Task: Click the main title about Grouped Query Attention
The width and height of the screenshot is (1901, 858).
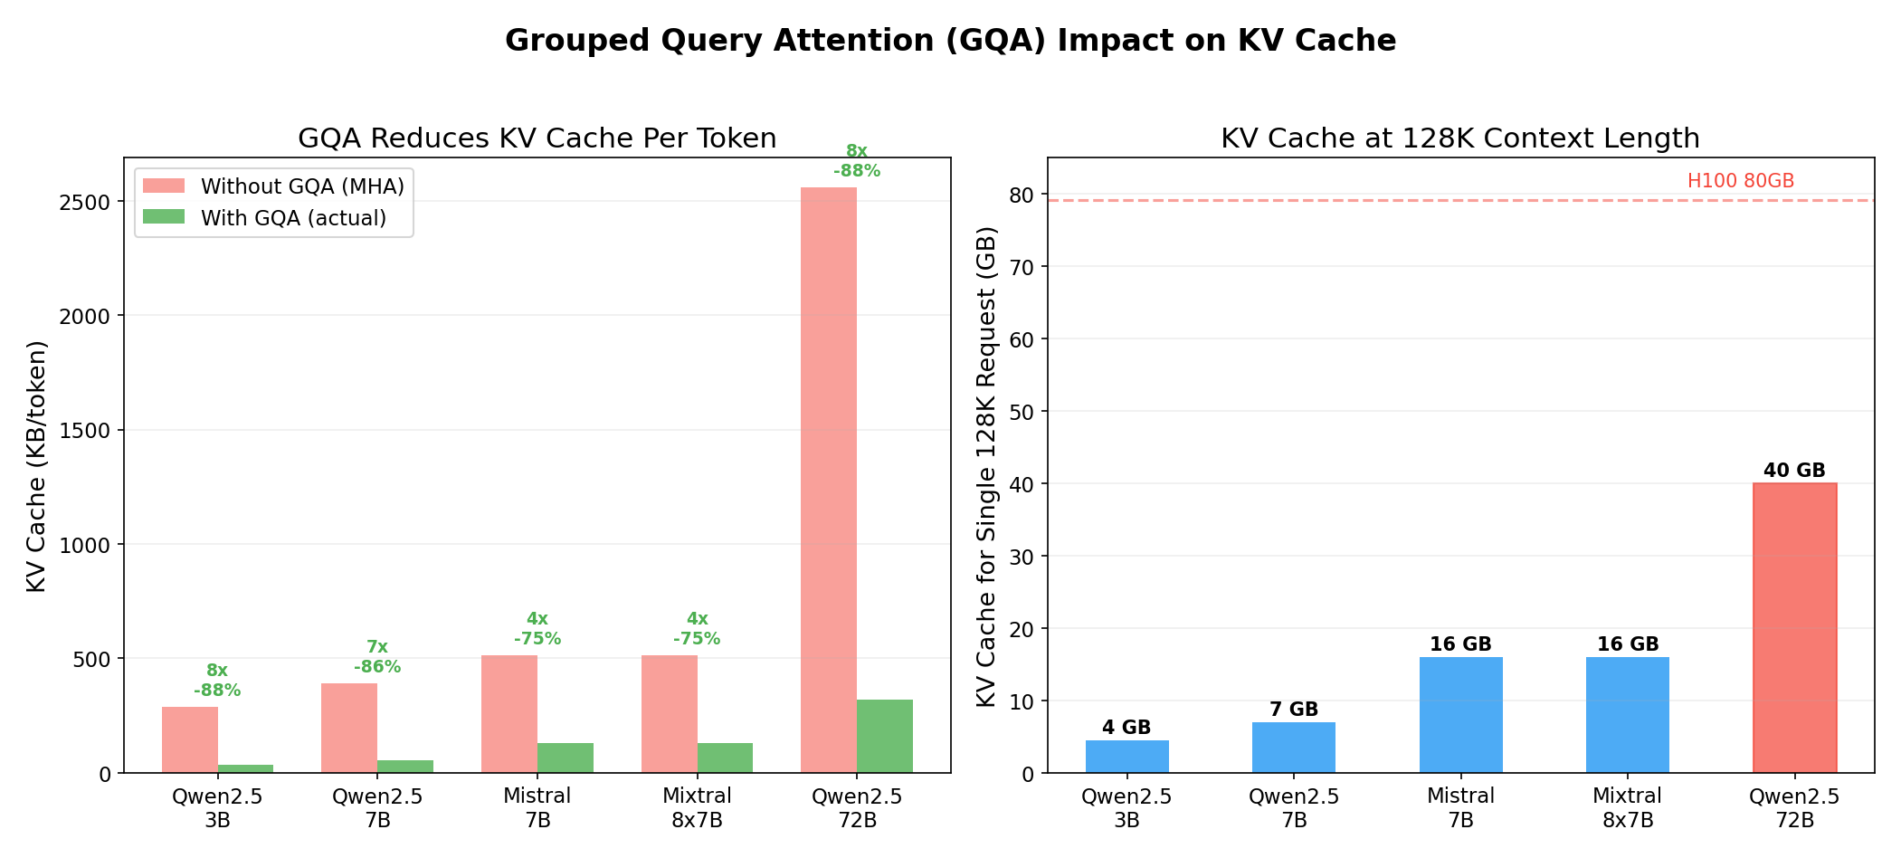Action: pyautogui.click(x=950, y=41)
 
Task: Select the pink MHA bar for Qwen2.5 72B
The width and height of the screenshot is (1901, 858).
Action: pyautogui.click(x=829, y=480)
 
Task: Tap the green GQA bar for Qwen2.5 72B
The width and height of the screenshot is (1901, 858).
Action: pyautogui.click(x=885, y=736)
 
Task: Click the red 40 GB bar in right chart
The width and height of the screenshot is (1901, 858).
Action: pyautogui.click(x=1794, y=627)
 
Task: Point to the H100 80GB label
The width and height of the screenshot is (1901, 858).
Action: pyautogui.click(x=1740, y=181)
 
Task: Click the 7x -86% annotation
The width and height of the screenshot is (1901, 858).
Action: pyautogui.click(x=377, y=657)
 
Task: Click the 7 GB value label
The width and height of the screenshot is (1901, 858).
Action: pyautogui.click(x=1293, y=710)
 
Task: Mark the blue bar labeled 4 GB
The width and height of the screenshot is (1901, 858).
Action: pyautogui.click(x=1126, y=757)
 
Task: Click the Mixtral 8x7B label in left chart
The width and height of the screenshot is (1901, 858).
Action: pyautogui.click(x=697, y=807)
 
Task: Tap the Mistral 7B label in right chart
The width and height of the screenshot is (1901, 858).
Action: pyautogui.click(x=1460, y=807)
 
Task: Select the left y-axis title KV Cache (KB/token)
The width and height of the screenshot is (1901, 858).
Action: pyautogui.click(x=36, y=466)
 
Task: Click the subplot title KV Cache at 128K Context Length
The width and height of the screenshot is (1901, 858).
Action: pyautogui.click(x=1459, y=138)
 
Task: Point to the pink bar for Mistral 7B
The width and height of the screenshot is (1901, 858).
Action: pyautogui.click(x=509, y=713)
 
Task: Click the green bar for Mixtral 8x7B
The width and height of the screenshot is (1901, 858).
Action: pyautogui.click(x=725, y=758)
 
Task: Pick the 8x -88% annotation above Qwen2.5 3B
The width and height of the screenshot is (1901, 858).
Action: pyautogui.click(x=217, y=681)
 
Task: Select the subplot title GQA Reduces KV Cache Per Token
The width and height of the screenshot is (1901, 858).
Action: pyautogui.click(x=537, y=138)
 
